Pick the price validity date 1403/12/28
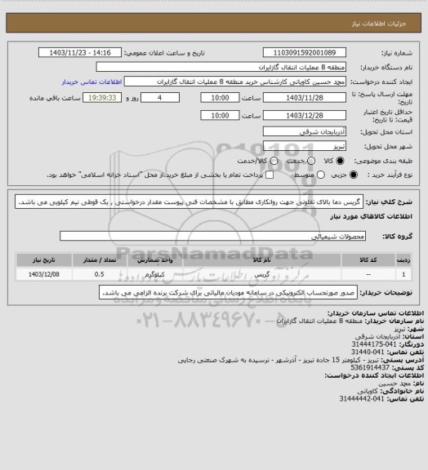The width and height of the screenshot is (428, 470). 314,115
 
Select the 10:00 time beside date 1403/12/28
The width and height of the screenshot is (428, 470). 219,115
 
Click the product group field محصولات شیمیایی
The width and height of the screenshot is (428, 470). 221,236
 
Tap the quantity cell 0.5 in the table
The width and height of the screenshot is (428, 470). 99,274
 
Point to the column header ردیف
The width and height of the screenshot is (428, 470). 401,258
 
